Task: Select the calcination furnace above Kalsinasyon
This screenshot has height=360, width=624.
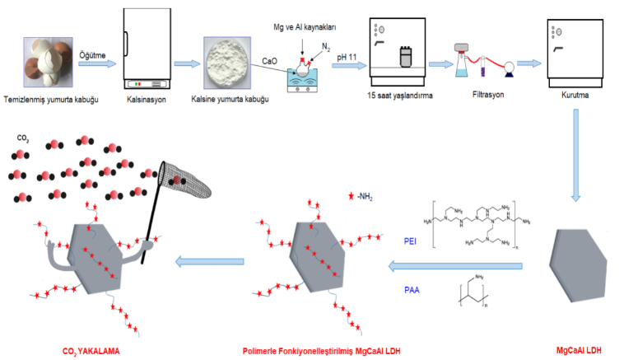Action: point(147,49)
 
